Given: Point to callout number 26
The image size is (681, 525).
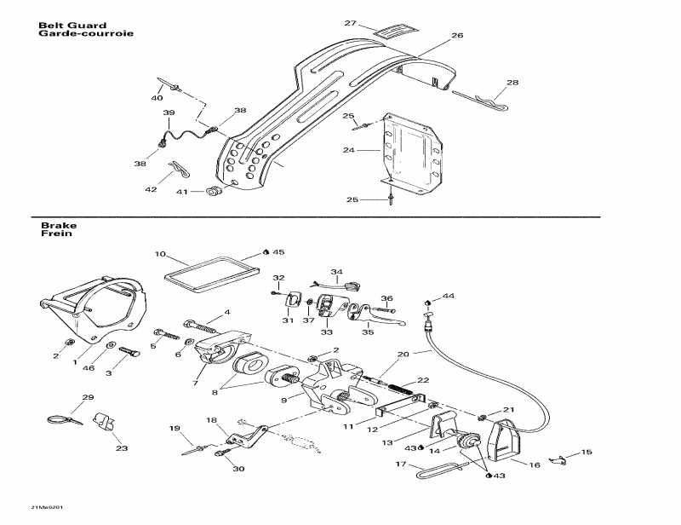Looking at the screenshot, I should (457, 36).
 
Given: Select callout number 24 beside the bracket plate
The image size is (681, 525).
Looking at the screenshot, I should (348, 150).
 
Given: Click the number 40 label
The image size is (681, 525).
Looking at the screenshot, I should (157, 98).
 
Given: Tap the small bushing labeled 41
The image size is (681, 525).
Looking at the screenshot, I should (214, 188).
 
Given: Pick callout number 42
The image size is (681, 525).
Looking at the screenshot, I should (151, 190).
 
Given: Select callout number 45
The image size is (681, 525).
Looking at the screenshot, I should (278, 252).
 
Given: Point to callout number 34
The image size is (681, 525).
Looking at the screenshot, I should (336, 273).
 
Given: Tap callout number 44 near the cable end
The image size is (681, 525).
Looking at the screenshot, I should (449, 296).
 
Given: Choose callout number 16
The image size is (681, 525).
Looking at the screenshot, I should (534, 465).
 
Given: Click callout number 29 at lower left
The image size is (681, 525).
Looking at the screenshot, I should (87, 398).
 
